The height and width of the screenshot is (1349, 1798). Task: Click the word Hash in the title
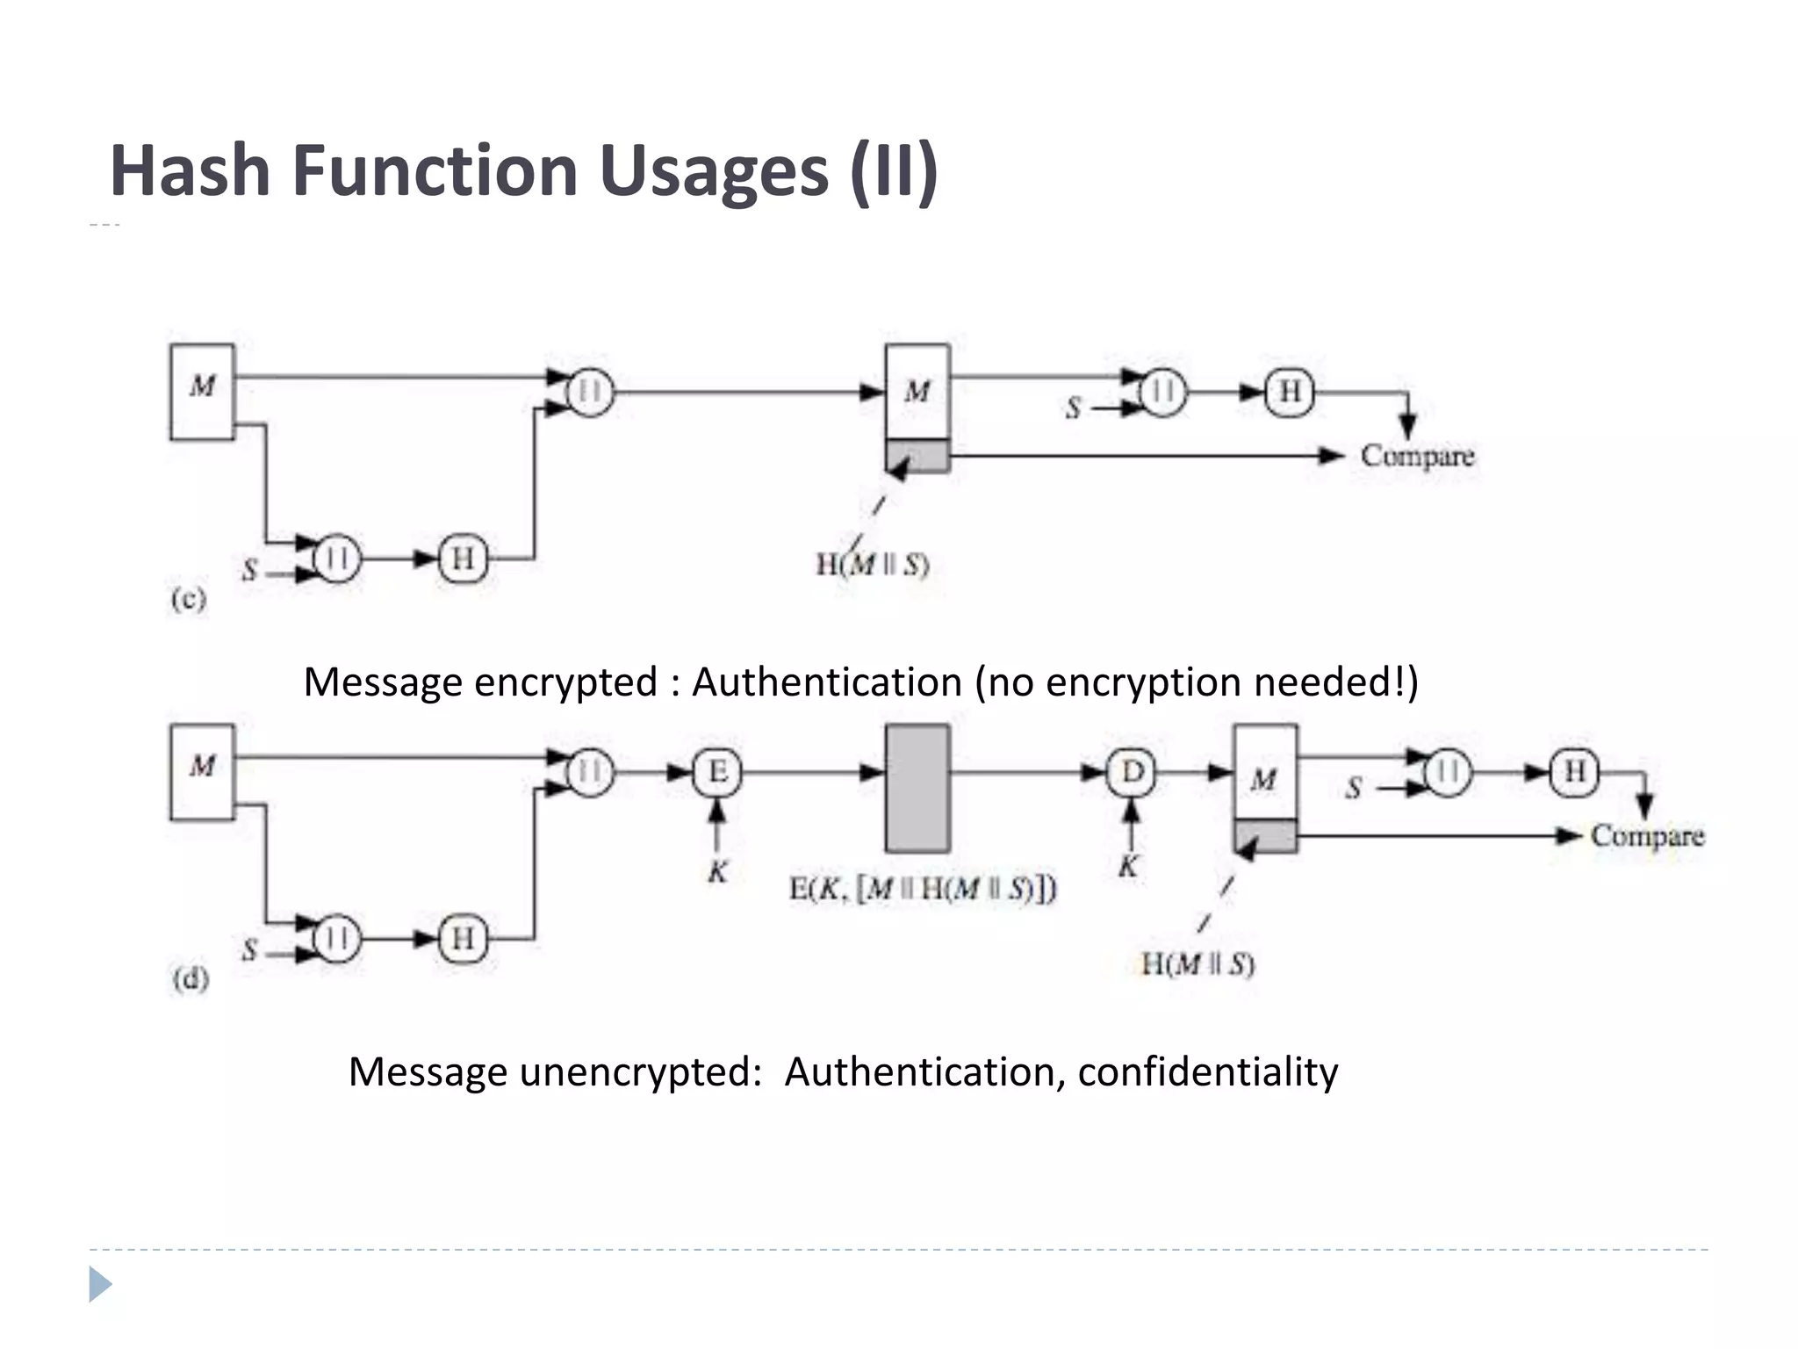coord(190,170)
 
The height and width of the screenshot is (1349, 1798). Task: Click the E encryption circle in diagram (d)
coord(717,773)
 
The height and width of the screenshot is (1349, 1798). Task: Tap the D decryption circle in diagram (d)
coord(1132,773)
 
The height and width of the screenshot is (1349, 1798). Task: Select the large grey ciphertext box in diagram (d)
coord(917,788)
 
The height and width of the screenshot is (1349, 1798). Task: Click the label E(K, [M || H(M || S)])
coord(922,889)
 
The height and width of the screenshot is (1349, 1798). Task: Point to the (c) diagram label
coord(189,599)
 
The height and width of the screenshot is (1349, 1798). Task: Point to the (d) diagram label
coord(191,978)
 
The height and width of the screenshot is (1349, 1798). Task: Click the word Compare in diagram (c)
coord(1417,456)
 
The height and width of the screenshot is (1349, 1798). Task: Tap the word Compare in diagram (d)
coord(1647,835)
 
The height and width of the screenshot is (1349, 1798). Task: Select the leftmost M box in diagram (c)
coord(203,392)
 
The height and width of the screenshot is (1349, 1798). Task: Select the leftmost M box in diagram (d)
coord(203,772)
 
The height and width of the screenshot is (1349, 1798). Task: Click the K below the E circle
coord(717,872)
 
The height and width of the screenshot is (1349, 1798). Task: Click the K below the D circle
coord(1128,867)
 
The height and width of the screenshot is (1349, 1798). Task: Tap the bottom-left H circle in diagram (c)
coord(463,558)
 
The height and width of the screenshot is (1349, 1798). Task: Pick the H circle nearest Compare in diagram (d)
coord(1574,772)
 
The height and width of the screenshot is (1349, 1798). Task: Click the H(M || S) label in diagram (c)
coord(872,564)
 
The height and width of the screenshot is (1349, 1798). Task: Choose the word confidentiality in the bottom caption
coord(1207,1071)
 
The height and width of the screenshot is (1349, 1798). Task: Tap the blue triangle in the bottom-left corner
coord(100,1284)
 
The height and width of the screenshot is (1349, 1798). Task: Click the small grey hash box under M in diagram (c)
coord(917,456)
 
